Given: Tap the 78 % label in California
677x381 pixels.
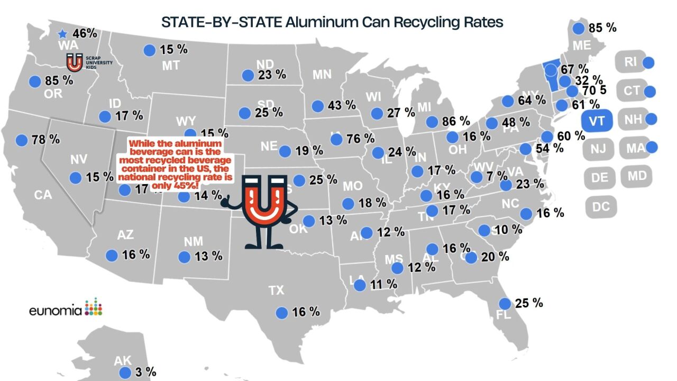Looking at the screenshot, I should tap(47, 140).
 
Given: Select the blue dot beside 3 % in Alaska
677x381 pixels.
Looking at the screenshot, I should tap(125, 373).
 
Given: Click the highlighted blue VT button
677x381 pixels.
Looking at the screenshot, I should tap(597, 121).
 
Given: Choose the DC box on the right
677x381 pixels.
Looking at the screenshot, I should tap(601, 207).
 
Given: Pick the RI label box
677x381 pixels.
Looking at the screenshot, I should tap(630, 62).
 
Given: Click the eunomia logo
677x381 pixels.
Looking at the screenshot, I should tap(66, 308).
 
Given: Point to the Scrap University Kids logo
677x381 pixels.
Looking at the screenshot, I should tap(75, 62).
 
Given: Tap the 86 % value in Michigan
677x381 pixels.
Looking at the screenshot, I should tap(456, 121).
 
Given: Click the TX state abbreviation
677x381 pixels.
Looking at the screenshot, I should tap(276, 290).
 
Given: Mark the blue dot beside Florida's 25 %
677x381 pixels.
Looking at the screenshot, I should tap(505, 304).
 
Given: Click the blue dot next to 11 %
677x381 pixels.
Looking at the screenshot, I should tap(360, 285).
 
